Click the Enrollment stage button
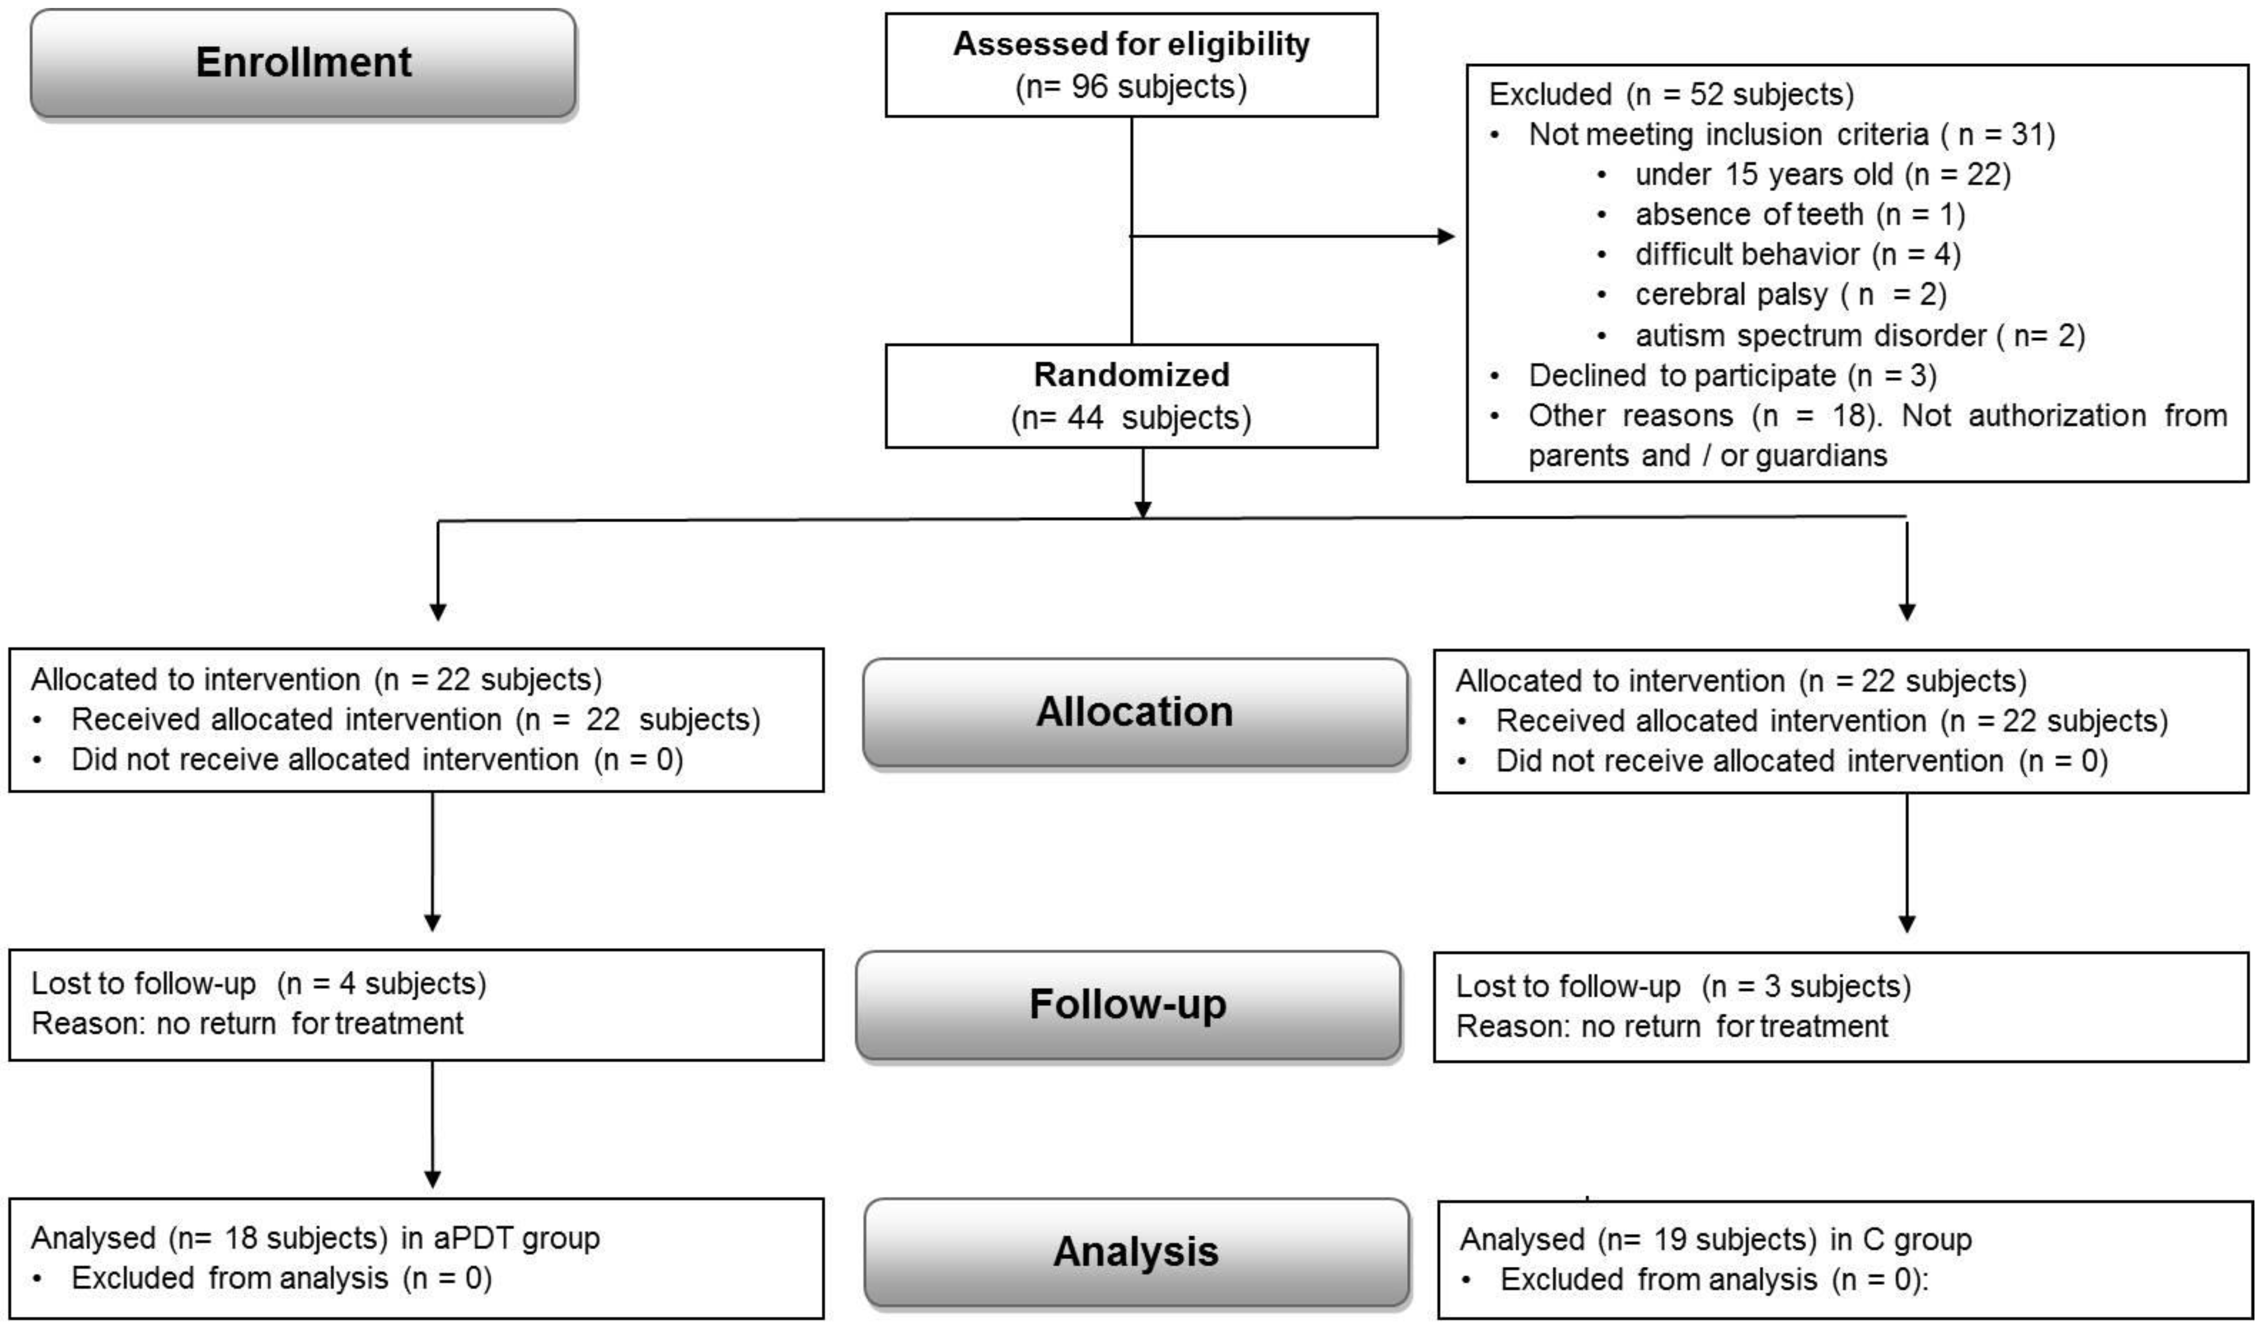pos(303,63)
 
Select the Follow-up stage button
pos(1128,1004)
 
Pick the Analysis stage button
pos(1136,1252)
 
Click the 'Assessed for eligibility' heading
pos(1131,44)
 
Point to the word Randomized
pos(1131,374)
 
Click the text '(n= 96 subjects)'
pos(1131,87)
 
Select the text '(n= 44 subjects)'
pos(1131,418)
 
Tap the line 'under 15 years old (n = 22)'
pos(1822,174)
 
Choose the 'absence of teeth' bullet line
pos(1799,214)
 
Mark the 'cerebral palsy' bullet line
pos(1790,294)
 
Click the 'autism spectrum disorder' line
pos(1860,336)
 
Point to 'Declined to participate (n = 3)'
pos(1732,375)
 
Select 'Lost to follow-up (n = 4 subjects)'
pos(259,983)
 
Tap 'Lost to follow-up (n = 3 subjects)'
pos(1683,986)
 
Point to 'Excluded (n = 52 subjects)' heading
pos(1671,94)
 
